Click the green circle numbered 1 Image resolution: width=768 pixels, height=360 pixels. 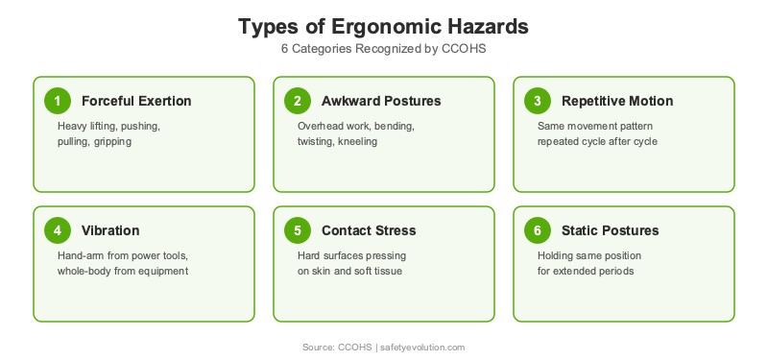pos(58,101)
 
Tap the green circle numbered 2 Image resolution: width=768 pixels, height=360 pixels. pos(298,101)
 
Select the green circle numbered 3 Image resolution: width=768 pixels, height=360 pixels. pos(538,101)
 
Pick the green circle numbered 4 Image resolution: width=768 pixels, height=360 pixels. pos(58,230)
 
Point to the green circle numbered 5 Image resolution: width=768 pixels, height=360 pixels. pos(298,230)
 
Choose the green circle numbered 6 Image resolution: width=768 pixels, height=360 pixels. pos(538,230)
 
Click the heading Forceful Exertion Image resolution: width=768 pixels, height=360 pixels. pos(136,101)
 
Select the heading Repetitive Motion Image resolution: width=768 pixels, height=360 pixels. pos(617,101)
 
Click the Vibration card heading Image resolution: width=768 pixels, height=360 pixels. pos(110,230)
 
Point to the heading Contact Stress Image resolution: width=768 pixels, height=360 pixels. pos(369,230)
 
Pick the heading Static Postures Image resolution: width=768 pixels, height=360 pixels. pos(610,230)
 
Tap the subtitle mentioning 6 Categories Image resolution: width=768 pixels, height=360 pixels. pos(384,49)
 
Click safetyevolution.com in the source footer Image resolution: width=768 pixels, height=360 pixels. pos(422,347)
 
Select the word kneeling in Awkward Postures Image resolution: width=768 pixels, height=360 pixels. pos(355,141)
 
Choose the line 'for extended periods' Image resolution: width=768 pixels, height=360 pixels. pos(587,271)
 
